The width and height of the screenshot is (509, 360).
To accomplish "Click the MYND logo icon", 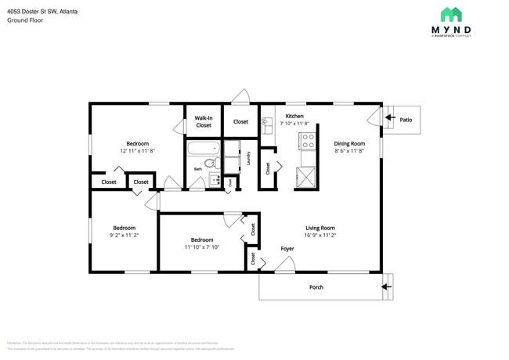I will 450,15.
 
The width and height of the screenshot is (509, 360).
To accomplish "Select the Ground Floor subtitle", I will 25,20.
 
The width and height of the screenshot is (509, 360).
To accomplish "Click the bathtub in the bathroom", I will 203,149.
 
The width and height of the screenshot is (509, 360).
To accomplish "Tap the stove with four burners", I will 308,141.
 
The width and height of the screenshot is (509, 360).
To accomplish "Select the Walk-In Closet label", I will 204,121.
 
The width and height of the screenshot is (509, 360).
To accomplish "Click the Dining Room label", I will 349,143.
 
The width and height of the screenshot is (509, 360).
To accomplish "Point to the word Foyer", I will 287,249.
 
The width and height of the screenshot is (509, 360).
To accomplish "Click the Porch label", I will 316,287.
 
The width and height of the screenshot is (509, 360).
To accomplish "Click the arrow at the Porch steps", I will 387,286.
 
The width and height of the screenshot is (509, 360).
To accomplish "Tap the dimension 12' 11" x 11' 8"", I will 137,150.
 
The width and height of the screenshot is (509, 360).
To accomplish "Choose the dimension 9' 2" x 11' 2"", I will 124,235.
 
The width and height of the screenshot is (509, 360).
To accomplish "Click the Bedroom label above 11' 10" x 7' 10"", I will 202,239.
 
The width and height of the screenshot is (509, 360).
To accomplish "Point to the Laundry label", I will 248,158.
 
